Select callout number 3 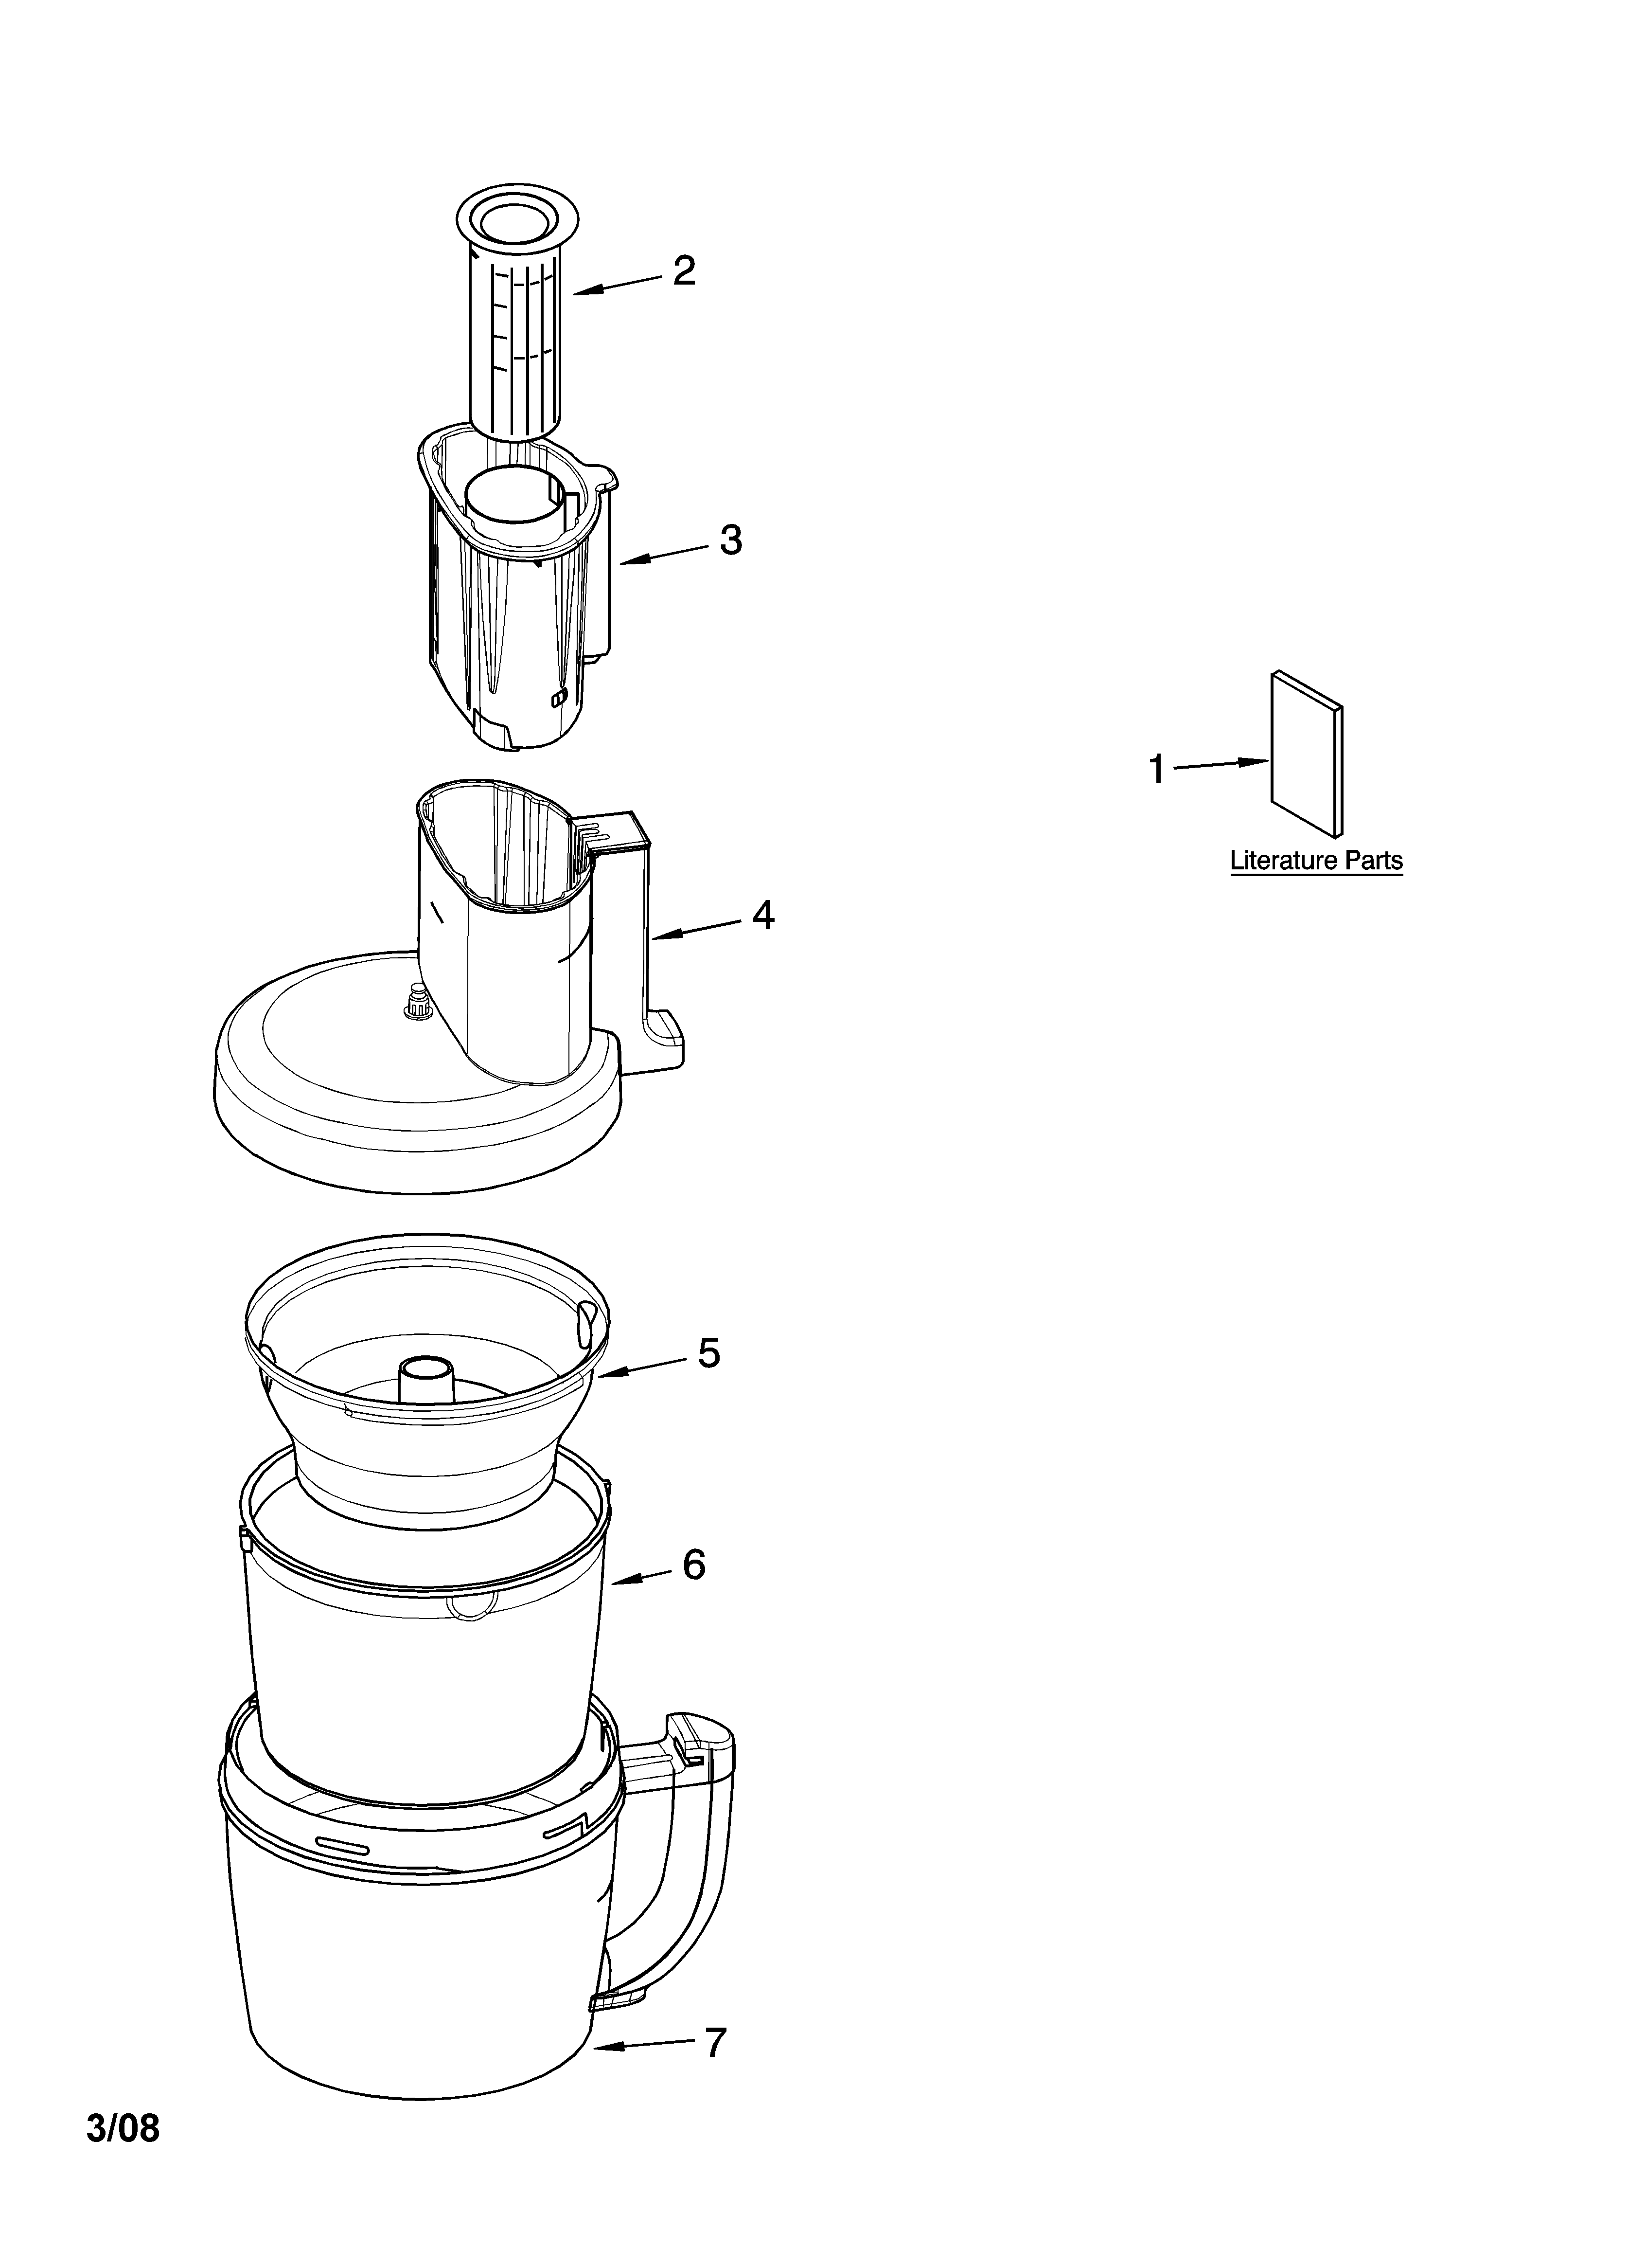(731, 540)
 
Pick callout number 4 (762, 914)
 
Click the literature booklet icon (1307, 754)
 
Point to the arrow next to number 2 (617, 285)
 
